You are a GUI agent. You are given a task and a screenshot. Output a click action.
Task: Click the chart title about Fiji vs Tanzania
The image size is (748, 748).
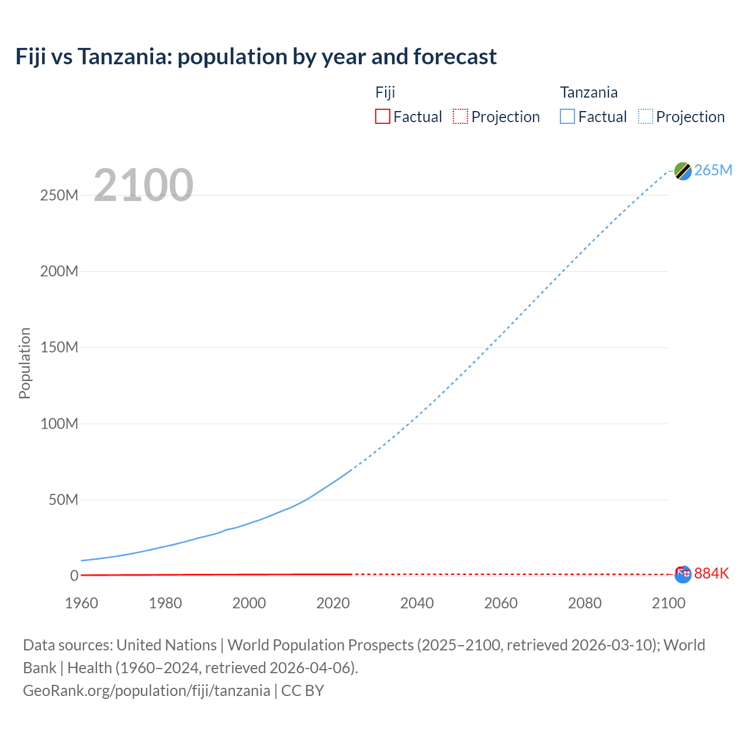(x=256, y=57)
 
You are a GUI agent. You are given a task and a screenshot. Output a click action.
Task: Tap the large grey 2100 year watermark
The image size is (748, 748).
(x=143, y=185)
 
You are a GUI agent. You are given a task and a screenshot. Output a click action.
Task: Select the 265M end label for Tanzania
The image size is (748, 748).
(x=713, y=170)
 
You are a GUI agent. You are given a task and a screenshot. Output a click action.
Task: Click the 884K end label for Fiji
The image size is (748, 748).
(x=711, y=573)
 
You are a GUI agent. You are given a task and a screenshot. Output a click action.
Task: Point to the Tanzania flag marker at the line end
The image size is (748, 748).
(x=683, y=171)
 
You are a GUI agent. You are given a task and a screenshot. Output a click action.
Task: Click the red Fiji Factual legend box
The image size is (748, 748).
(x=383, y=116)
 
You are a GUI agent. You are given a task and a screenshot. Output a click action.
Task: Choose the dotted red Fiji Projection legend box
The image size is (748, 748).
(x=460, y=116)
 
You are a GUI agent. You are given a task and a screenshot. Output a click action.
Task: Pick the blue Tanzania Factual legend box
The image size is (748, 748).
(x=567, y=116)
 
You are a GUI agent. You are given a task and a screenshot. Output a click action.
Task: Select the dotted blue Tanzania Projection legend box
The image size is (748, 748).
(x=646, y=116)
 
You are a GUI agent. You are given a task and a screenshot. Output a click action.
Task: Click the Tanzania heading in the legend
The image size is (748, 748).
(x=588, y=92)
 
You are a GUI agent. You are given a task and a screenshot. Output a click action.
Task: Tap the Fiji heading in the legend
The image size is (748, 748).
(x=385, y=92)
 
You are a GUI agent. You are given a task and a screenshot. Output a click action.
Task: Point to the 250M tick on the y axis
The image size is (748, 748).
(x=59, y=195)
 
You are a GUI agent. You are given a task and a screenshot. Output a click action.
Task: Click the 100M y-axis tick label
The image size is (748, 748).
(x=59, y=424)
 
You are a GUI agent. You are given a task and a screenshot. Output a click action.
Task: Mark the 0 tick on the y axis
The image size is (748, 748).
(x=74, y=576)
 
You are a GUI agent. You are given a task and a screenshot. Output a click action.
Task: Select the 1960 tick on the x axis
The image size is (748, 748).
(x=81, y=603)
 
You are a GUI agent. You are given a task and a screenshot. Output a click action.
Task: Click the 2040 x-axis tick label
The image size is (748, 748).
(x=417, y=603)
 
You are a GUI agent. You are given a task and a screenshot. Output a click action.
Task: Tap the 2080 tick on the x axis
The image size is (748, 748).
(x=584, y=603)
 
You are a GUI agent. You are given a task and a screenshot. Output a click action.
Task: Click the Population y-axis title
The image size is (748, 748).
(x=25, y=363)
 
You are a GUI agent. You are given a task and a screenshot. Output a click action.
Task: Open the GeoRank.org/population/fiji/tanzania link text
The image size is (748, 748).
(x=146, y=691)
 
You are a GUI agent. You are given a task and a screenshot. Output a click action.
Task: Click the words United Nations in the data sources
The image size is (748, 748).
(x=167, y=645)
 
